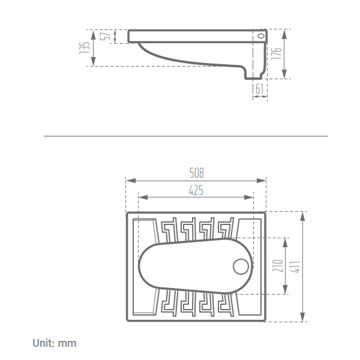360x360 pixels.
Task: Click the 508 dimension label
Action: pyautogui.click(x=197, y=173)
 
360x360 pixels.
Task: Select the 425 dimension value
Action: pyautogui.click(x=196, y=190)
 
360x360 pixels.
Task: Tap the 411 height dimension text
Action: pyautogui.click(x=295, y=267)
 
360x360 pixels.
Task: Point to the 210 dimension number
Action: pyautogui.click(x=278, y=266)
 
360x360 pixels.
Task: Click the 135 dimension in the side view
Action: pyautogui.click(x=84, y=48)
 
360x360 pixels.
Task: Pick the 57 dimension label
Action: pyautogui.click(x=106, y=36)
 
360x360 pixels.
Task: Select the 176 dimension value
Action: pyautogui.click(x=276, y=54)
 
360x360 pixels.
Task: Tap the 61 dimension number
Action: pyautogui.click(x=259, y=89)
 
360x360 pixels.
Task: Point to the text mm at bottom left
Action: pyautogui.click(x=67, y=344)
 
